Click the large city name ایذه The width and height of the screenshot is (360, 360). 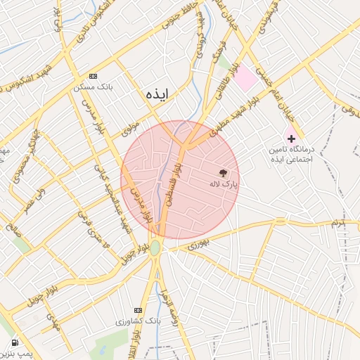(x=157, y=94)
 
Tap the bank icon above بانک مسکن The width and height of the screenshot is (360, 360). (x=93, y=77)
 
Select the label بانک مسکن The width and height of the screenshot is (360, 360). (x=91, y=89)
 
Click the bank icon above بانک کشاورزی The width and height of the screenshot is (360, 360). (x=138, y=310)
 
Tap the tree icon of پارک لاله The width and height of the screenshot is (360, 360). (x=224, y=172)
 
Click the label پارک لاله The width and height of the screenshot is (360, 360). (x=224, y=184)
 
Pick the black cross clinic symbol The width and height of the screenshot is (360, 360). (x=291, y=139)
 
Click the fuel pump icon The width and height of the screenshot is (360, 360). (x=15, y=344)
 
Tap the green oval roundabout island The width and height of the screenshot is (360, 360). (x=155, y=247)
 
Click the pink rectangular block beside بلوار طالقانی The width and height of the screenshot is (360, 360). (x=245, y=78)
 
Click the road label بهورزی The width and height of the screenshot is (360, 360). (x=198, y=245)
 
